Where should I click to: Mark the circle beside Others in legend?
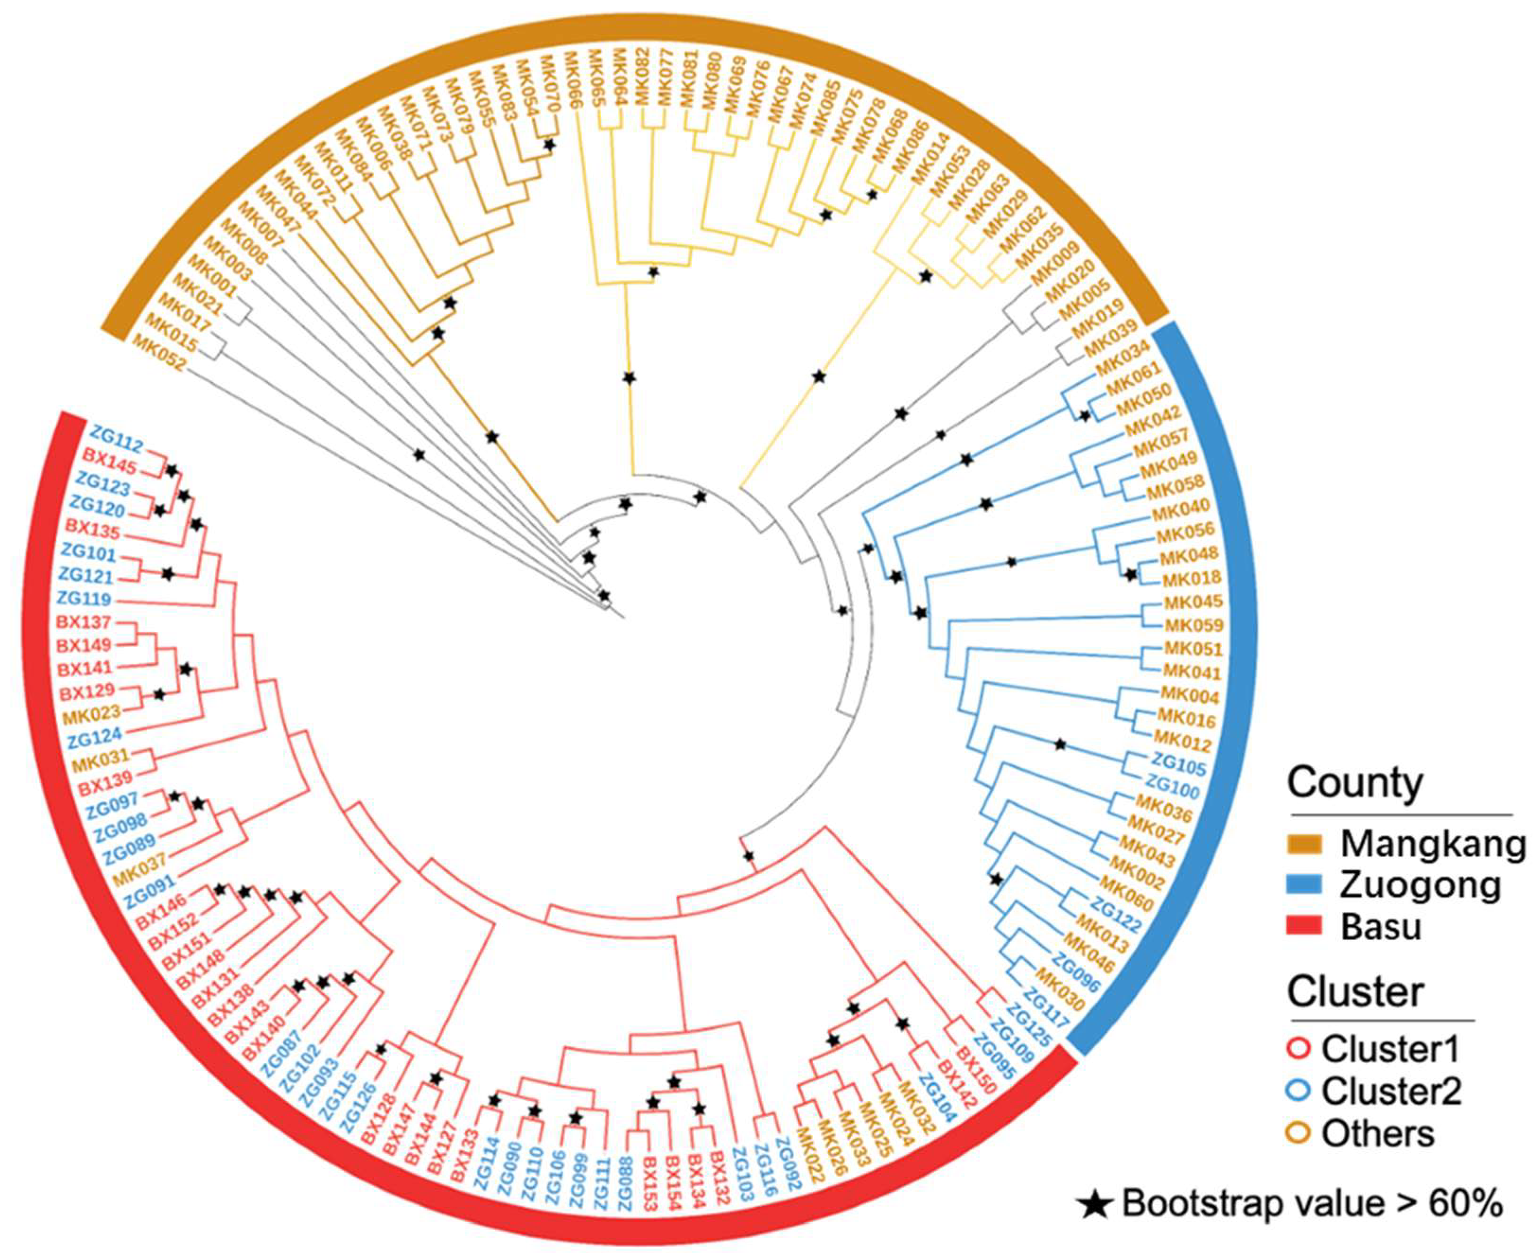pyautogui.click(x=1300, y=1133)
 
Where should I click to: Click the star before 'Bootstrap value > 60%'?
pyautogui.click(x=1095, y=1205)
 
